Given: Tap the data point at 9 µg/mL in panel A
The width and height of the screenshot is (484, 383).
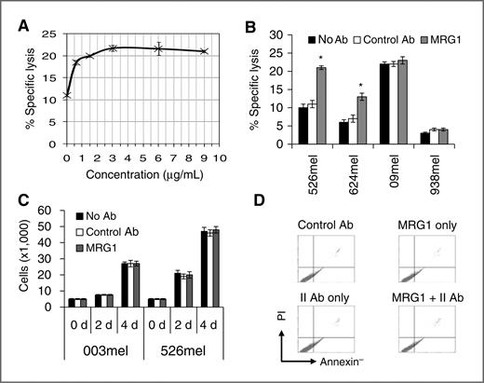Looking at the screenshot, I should (x=204, y=51).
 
